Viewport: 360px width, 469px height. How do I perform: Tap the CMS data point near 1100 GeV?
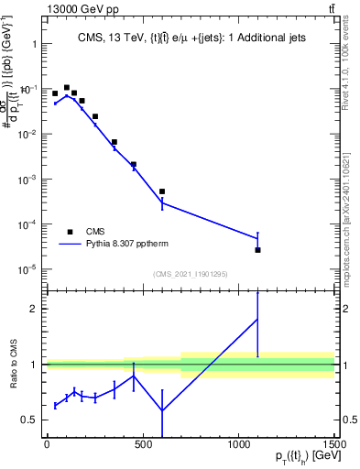point(258,250)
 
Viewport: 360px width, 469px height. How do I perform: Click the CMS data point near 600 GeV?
point(162,191)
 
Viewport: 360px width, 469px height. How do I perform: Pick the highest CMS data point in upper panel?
point(67,88)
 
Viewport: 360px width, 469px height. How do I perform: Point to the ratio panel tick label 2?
point(33,309)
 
